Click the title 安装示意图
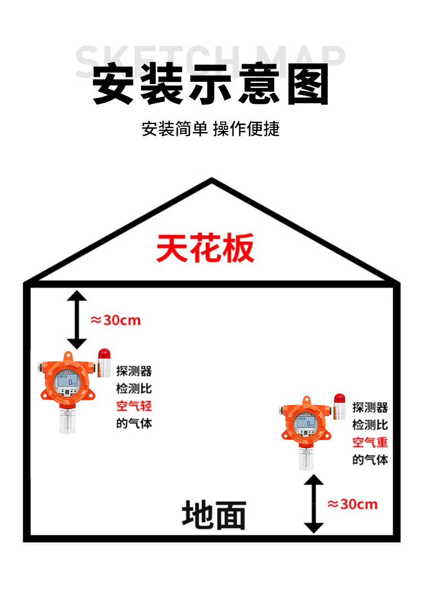pos(211,85)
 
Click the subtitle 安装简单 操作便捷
pos(211,129)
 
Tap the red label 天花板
pos(205,248)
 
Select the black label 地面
pos(214,515)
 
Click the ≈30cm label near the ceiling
pos(116,320)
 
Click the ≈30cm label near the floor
pos(352,504)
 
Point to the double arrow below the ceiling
pos(77,319)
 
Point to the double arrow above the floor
pos(314,504)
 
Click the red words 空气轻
pos(134,406)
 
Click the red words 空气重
pos(371,442)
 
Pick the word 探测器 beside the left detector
pos(134,372)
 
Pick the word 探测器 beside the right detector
pos(371,408)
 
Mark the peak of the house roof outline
pos(211,181)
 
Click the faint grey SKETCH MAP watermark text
pos(210,56)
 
